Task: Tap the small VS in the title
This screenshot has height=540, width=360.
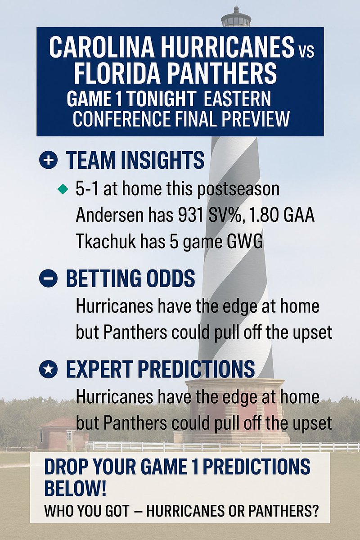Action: (306, 49)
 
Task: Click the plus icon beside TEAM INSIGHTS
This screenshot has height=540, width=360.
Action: (48, 161)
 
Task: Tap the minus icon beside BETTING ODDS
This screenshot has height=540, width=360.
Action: (48, 279)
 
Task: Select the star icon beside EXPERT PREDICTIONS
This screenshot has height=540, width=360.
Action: (48, 369)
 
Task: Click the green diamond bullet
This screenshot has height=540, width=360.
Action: (63, 189)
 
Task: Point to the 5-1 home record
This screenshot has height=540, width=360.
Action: (88, 189)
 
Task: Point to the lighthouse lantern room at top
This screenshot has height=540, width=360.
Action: (236, 18)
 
